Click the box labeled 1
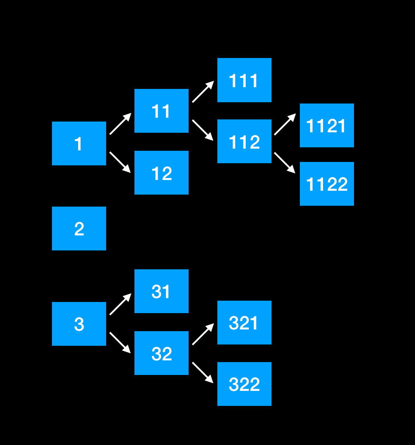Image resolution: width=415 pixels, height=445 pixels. click(79, 143)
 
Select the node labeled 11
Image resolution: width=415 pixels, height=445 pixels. click(162, 111)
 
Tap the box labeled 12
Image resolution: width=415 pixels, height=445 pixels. click(162, 173)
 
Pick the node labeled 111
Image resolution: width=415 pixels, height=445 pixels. click(244, 80)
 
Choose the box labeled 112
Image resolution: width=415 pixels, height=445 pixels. click(244, 141)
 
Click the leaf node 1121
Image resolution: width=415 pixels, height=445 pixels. click(327, 125)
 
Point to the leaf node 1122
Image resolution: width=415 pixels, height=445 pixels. click(327, 184)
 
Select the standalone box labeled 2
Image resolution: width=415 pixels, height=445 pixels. click(79, 229)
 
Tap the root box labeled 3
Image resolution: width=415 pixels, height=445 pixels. click(79, 324)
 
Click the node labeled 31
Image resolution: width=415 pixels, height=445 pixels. click(162, 291)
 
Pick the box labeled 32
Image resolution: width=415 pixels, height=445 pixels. click(162, 353)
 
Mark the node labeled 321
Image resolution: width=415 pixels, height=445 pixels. click(244, 323)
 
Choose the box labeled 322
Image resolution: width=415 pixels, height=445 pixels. click(244, 384)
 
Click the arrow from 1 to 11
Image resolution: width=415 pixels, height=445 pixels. click(120, 124)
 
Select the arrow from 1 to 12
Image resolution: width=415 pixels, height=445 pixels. click(120, 162)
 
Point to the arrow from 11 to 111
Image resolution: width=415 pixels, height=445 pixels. click(203, 92)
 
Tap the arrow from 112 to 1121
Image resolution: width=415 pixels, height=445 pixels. click(285, 125)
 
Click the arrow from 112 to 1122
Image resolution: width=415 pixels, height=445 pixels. click(285, 163)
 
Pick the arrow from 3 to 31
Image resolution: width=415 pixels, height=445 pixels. click(120, 305)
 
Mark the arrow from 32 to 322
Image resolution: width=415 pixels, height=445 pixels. click(203, 372)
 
